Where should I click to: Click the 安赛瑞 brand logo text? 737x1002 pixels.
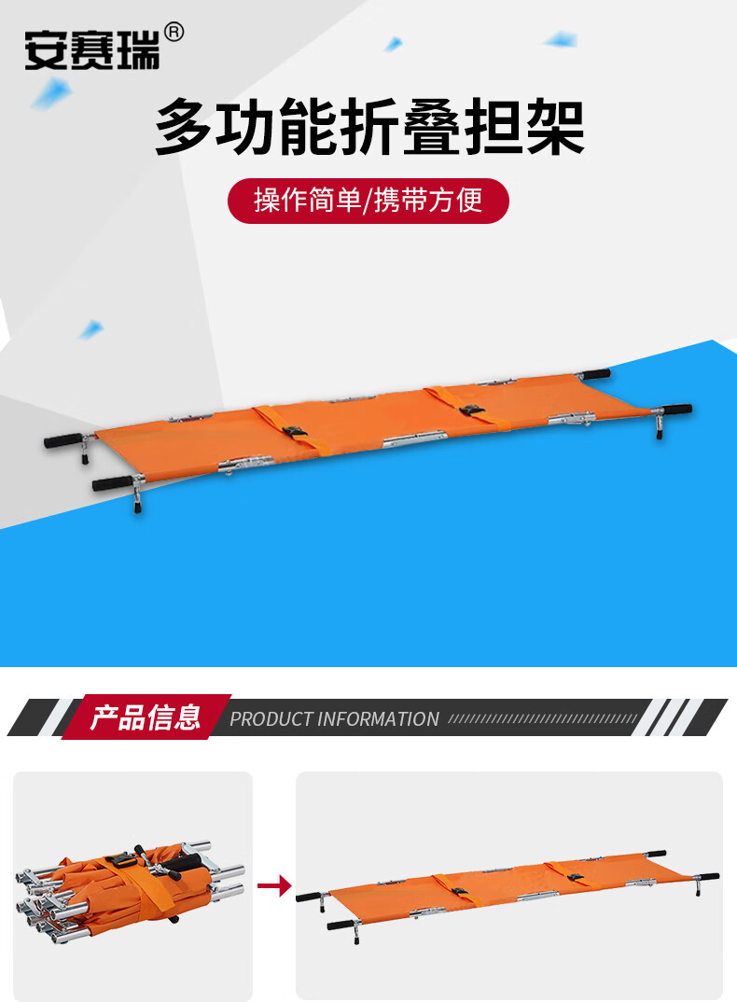point(91,50)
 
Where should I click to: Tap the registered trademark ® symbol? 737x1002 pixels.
point(174,32)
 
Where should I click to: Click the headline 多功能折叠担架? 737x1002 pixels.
point(369,127)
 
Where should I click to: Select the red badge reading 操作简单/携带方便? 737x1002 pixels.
point(368,201)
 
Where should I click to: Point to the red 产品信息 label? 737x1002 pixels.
point(146,717)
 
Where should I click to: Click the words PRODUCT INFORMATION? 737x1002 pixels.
point(334,719)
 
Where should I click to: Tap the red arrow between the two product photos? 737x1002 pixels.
point(274,885)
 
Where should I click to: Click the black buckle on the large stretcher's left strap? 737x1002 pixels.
point(296,433)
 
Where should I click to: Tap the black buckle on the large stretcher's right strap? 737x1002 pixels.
point(472,410)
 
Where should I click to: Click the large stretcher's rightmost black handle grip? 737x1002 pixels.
point(677,409)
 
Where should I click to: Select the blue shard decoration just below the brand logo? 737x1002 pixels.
point(51,93)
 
